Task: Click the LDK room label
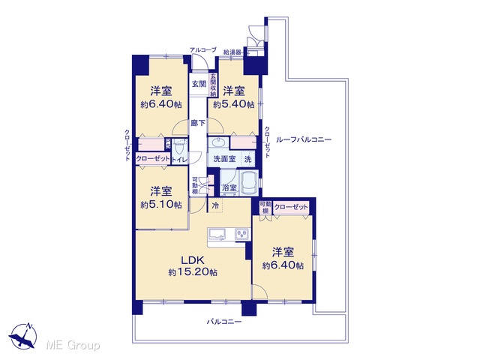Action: (193, 260)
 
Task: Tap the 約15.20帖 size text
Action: (193, 271)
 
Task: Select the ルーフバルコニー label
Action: (304, 140)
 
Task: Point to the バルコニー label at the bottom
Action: (224, 322)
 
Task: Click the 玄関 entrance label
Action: (199, 84)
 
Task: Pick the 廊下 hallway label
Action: (198, 123)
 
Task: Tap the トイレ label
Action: (180, 160)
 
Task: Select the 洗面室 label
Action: (224, 159)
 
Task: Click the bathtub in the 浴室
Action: (249, 183)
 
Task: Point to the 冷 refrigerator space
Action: (215, 205)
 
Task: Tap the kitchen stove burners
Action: (242, 235)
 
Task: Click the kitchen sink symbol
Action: (217, 233)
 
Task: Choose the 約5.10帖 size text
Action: (161, 205)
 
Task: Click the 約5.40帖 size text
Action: (234, 104)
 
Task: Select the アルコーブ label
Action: (203, 49)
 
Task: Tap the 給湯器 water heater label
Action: (232, 52)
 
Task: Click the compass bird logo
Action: (23, 337)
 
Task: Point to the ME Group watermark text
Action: (73, 346)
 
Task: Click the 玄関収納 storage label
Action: (213, 85)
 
